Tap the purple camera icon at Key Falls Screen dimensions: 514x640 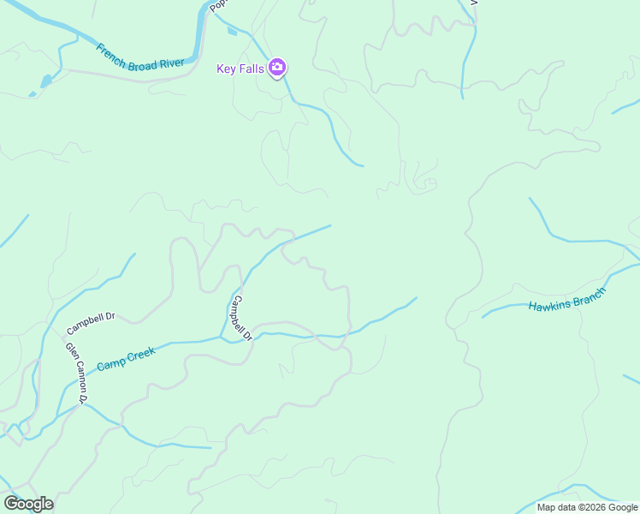pyautogui.click(x=276, y=68)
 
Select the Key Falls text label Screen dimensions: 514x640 pyautogui.click(x=240, y=69)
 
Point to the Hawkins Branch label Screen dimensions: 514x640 pyautogui.click(x=566, y=300)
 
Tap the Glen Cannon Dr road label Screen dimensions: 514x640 pyautogui.click(x=76, y=373)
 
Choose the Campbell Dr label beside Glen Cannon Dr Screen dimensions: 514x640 pyautogui.click(x=91, y=323)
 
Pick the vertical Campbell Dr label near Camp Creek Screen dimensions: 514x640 pyautogui.click(x=242, y=319)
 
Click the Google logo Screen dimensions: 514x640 pyautogui.click(x=28, y=504)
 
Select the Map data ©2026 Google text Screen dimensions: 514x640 pyautogui.click(x=587, y=507)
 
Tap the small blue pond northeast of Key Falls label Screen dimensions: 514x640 pyautogui.click(x=232, y=32)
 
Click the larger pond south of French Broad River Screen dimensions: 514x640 pyautogui.click(x=45, y=81)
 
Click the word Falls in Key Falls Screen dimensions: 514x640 pyautogui.click(x=251, y=69)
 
